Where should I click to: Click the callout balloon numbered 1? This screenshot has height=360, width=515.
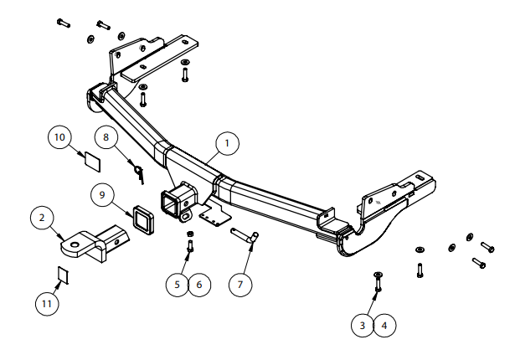(226, 144)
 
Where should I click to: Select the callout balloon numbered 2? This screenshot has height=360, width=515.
(42, 219)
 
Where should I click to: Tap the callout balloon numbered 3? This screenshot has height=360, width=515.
(363, 326)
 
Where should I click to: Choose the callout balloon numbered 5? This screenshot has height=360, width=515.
(178, 285)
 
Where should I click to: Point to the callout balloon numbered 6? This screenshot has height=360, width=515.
(198, 285)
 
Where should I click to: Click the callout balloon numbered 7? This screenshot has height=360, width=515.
(240, 285)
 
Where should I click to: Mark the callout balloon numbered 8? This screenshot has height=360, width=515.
(107, 136)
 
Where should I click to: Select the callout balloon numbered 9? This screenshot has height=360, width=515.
(102, 195)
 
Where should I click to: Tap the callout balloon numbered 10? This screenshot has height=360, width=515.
(60, 136)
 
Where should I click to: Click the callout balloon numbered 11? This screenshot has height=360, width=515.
(48, 301)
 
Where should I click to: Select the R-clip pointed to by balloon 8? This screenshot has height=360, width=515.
(138, 170)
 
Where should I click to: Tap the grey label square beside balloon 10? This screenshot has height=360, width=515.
(90, 158)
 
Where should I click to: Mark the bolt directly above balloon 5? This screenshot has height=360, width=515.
(190, 245)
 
